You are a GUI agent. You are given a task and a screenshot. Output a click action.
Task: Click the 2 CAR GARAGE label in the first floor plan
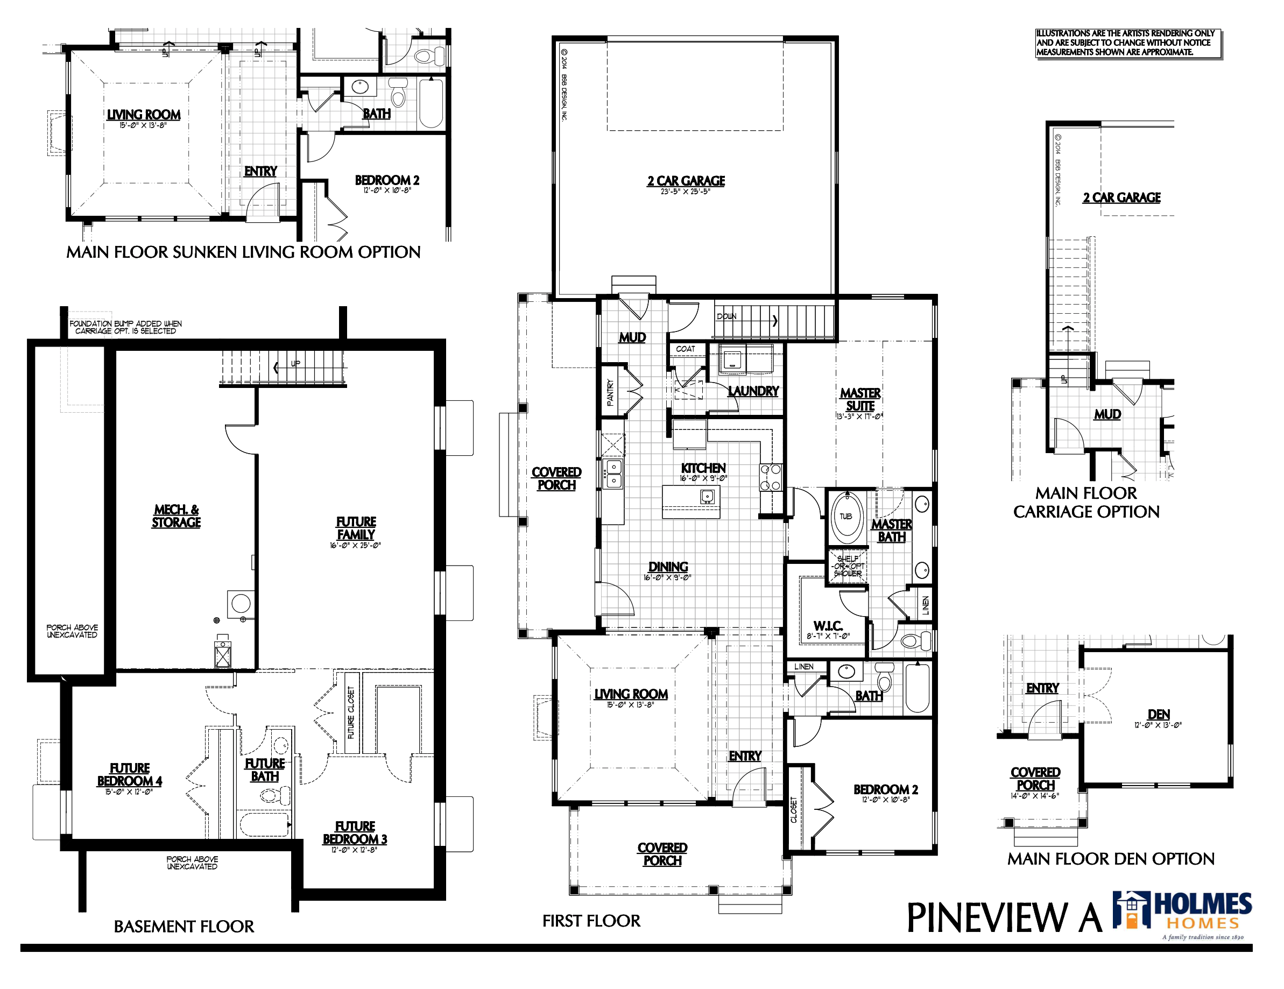click(x=686, y=181)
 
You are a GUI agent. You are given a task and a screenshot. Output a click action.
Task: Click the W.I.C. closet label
click(x=828, y=626)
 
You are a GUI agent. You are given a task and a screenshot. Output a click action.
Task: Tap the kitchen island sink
click(x=707, y=497)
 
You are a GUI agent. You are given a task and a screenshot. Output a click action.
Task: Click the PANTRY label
click(x=610, y=393)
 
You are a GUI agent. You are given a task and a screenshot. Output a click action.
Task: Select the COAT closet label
click(x=686, y=349)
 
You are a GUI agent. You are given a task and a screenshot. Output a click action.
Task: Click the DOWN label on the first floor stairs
click(x=726, y=316)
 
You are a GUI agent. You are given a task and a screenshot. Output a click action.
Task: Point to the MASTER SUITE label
click(x=860, y=400)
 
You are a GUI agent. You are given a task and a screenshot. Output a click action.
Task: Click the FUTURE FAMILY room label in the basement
click(x=356, y=528)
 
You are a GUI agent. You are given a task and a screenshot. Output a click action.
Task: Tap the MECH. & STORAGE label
click(x=177, y=516)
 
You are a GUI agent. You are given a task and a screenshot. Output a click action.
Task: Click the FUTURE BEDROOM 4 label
click(x=129, y=775)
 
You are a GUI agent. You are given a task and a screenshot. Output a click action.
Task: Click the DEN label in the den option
click(x=1158, y=715)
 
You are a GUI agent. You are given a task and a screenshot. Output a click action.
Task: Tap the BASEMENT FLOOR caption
click(x=184, y=927)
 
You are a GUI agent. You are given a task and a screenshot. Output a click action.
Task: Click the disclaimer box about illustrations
click(x=1127, y=43)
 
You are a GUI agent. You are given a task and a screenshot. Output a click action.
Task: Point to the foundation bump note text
click(x=125, y=328)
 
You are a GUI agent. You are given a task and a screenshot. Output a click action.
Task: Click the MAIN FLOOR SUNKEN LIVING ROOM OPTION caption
click(x=243, y=252)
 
